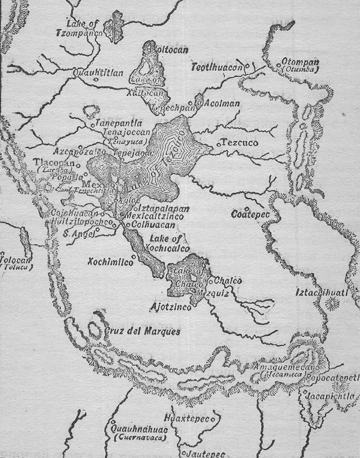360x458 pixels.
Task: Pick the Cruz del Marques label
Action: coord(142,331)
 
